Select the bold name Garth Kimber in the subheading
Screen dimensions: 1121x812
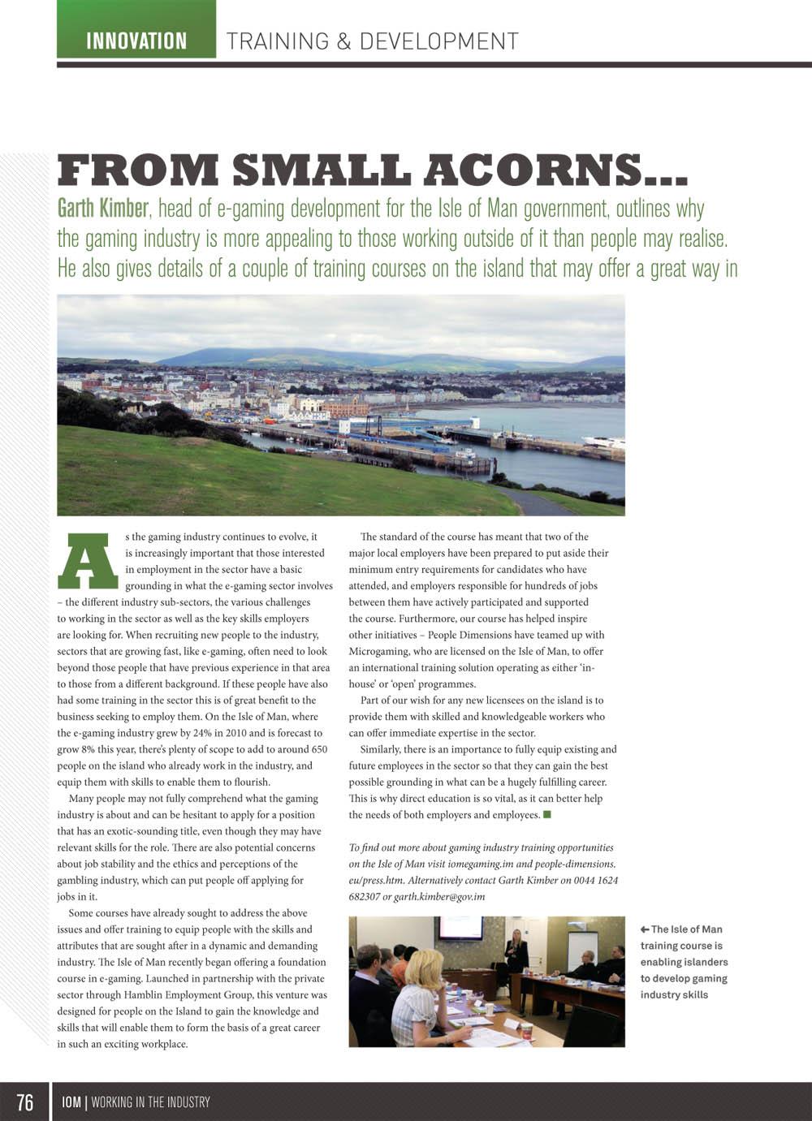(103, 209)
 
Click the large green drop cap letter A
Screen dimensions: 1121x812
(88, 561)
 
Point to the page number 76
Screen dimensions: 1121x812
(25, 1102)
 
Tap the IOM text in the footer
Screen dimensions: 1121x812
(71, 1102)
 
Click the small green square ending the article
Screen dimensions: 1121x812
(547, 814)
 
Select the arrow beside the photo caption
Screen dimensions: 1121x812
(644, 929)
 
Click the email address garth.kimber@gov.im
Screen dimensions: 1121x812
(439, 896)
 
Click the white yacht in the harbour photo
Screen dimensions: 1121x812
(603, 442)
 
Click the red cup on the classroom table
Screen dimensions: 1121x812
(526, 1030)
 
